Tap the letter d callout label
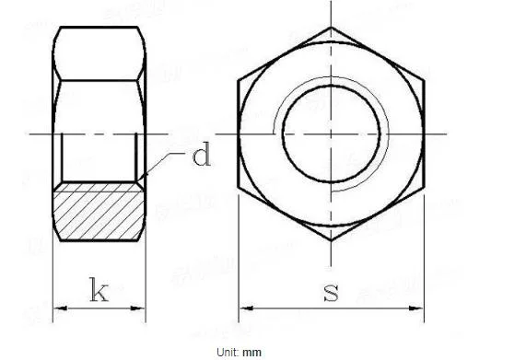[x=200, y=155]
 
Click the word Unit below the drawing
[x=227, y=352]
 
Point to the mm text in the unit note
[x=252, y=352]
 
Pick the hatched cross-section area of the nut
[x=99, y=213]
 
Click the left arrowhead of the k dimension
[x=59, y=307]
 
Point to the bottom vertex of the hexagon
[x=331, y=242]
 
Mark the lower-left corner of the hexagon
[x=239, y=190]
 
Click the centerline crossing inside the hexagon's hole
[x=331, y=134]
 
